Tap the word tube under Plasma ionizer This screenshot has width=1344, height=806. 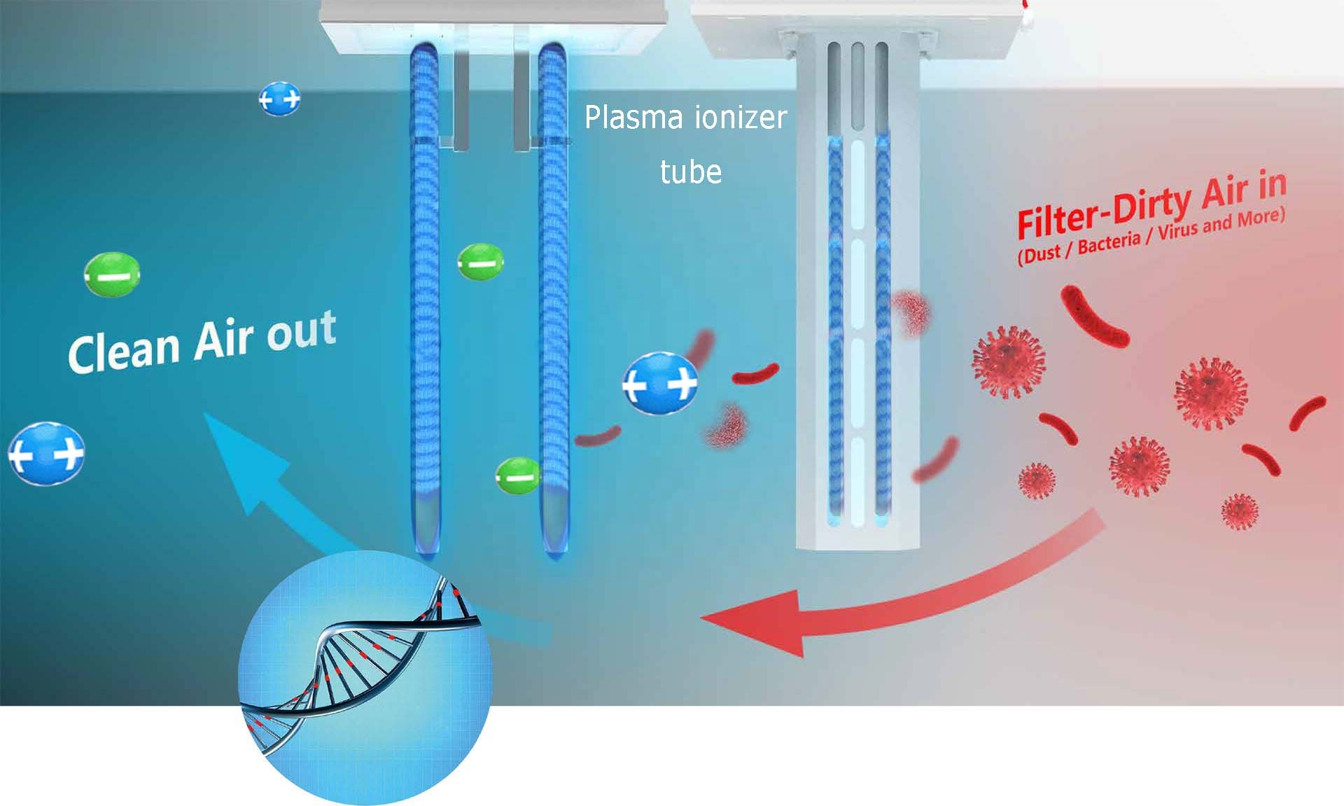[x=691, y=172]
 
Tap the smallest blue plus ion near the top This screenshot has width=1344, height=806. [x=279, y=99]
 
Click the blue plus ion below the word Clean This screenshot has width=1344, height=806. [x=46, y=454]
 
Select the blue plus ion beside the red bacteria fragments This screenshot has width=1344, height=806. [x=660, y=384]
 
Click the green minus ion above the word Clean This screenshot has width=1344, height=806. [x=112, y=276]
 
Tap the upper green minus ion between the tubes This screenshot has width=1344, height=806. [x=480, y=262]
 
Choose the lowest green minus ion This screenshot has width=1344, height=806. [x=518, y=476]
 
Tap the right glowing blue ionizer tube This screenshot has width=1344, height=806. [x=554, y=298]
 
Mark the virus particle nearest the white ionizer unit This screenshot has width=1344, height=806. [x=1009, y=361]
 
